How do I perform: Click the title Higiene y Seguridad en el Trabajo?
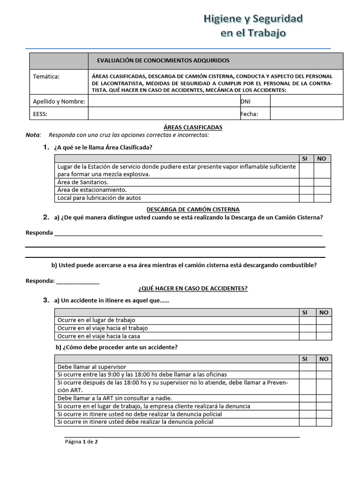pyautogui.click(x=253, y=26)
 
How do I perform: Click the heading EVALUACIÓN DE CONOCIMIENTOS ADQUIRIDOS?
pyautogui.click(x=163, y=60)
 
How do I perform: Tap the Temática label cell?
pyautogui.click(x=59, y=82)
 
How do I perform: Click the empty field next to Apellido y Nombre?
pyautogui.click(x=164, y=101)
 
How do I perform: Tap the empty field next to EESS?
pyautogui.click(x=164, y=113)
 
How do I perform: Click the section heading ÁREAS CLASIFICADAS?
pyautogui.click(x=193, y=127)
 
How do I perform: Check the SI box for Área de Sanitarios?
pyautogui.click(x=306, y=182)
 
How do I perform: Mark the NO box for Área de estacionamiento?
pyautogui.click(x=322, y=190)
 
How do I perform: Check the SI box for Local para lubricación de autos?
pyautogui.click(x=306, y=198)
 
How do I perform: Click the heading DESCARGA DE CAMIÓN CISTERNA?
pyautogui.click(x=193, y=209)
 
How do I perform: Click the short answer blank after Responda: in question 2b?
pyautogui.click(x=78, y=281)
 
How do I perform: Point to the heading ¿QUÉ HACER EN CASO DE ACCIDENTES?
pyautogui.click(x=193, y=289)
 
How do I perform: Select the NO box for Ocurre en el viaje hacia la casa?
pyautogui.click(x=323, y=336)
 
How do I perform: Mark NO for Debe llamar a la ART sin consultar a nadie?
pyautogui.click(x=323, y=398)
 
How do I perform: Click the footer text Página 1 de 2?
pyautogui.click(x=81, y=442)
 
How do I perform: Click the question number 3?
pyautogui.click(x=46, y=300)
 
